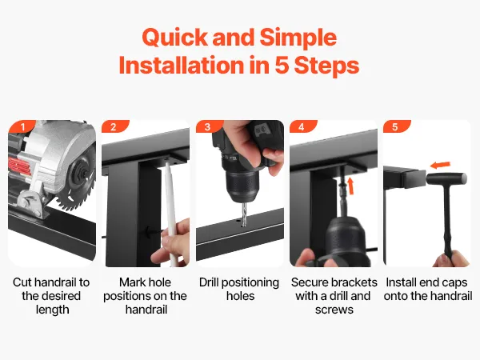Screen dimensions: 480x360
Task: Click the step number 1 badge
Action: [22, 126]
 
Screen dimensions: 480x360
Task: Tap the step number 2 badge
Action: [114, 126]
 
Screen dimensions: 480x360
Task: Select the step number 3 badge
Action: [209, 126]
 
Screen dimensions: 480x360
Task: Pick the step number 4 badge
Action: [302, 126]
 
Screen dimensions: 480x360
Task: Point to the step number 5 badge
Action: [396, 126]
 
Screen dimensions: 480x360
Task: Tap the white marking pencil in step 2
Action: [170, 211]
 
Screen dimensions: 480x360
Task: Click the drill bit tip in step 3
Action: [244, 224]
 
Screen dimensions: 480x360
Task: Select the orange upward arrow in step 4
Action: [351, 186]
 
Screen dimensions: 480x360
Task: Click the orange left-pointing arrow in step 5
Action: [440, 166]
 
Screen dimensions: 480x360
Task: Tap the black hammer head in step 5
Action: [446, 178]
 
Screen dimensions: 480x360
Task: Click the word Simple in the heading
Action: [298, 38]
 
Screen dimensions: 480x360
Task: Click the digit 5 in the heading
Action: [282, 66]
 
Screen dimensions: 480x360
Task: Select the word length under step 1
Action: [52, 310]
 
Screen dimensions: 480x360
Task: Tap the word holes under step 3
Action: [241, 296]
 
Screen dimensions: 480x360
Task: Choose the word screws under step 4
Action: [334, 310]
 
